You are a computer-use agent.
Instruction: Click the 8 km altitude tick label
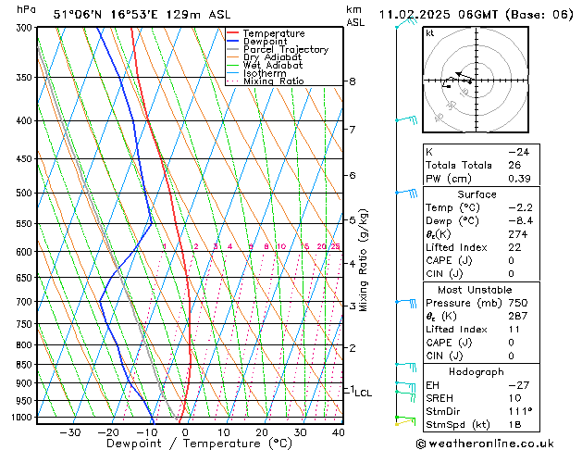[x=353, y=81]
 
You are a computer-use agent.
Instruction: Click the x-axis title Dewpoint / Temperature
[x=187, y=444]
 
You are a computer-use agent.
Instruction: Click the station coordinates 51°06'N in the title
[x=77, y=14]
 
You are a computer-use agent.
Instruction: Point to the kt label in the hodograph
[x=429, y=33]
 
